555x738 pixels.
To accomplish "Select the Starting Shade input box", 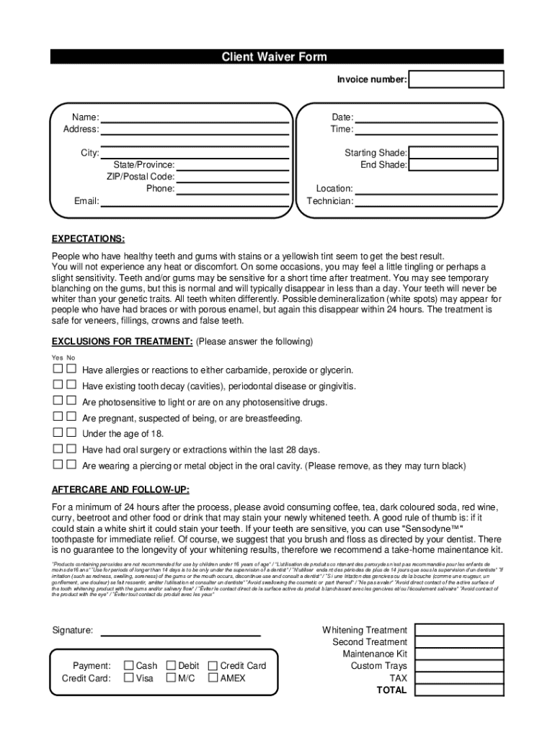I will (453, 153).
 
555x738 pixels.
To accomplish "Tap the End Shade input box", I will (453, 165).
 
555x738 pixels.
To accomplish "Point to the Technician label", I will (329, 201).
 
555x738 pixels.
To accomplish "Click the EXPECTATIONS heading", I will (88, 239).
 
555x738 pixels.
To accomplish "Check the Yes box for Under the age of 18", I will (58, 433).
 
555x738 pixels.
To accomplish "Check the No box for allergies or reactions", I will (71, 370).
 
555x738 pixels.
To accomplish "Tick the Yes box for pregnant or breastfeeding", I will (58, 417).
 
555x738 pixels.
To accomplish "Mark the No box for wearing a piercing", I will (71, 465).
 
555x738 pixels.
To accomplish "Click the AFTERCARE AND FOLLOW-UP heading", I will (120, 490).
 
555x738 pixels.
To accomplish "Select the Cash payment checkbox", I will (129, 666).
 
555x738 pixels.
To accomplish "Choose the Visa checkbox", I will (129, 678).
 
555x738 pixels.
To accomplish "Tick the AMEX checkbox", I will (213, 678).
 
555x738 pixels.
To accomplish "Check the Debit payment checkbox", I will (172, 666).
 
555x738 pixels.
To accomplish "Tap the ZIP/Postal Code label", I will (140, 177).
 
